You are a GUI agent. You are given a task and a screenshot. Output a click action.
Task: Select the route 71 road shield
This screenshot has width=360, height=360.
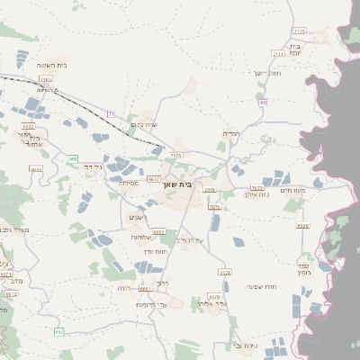tap(111, 113)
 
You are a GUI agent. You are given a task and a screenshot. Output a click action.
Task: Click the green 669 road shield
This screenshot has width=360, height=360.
tap(72, 159)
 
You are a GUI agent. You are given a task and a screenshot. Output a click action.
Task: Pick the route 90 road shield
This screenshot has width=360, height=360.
tap(263, 102)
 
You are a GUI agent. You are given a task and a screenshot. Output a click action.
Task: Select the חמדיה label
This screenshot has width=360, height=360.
tap(230, 133)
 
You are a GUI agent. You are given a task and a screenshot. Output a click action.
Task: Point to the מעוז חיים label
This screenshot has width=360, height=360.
tap(293, 189)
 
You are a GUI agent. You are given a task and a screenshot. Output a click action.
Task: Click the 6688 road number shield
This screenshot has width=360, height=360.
tap(302, 226)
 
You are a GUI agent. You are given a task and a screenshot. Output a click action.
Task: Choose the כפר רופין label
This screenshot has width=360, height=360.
tap(304, 268)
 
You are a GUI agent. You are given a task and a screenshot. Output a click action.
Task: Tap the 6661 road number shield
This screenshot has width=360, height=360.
tap(146, 289)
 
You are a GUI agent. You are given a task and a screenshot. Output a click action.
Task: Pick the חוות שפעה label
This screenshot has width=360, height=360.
tap(260, 286)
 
